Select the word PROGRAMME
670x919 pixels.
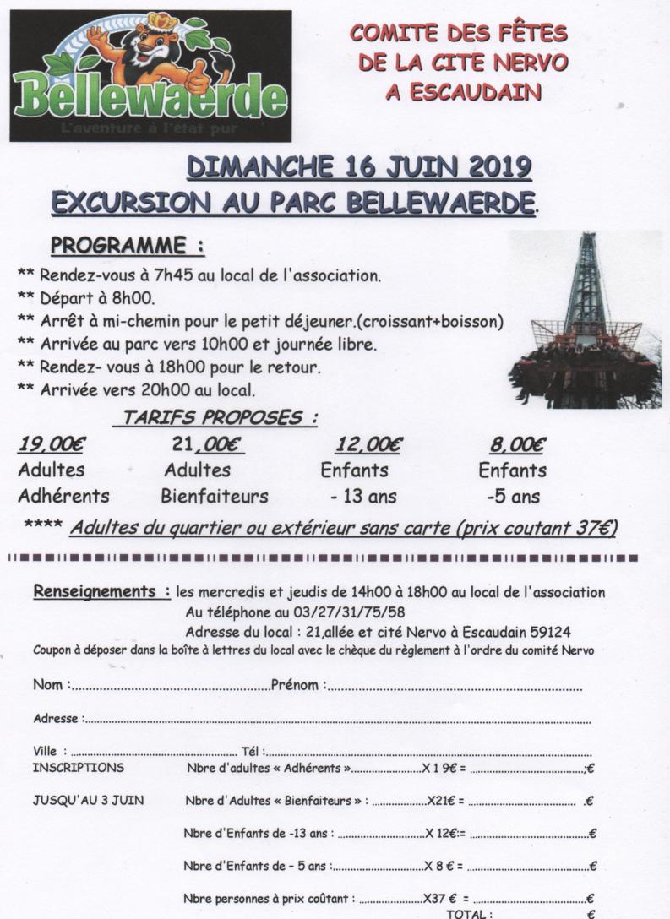click(117, 246)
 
